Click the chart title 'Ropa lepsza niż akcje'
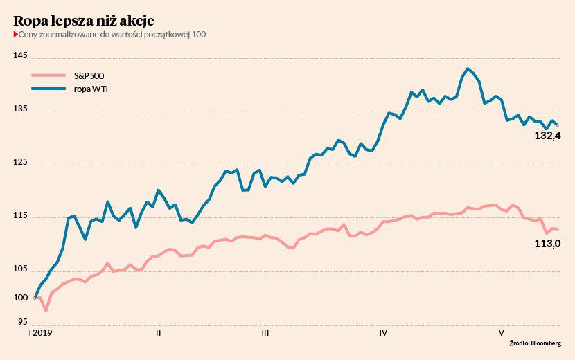84,20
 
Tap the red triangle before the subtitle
15,35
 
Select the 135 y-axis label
21,109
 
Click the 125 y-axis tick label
21,163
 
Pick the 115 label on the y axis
21,216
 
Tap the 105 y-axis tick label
21,269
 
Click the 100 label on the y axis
21,298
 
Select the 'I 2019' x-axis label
40,333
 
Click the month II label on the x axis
159,333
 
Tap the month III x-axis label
265,333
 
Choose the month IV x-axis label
383,333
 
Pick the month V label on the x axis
501,333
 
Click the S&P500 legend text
89,75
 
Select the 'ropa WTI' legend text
91,89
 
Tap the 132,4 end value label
547,136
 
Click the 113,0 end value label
547,243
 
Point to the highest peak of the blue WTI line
468,69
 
